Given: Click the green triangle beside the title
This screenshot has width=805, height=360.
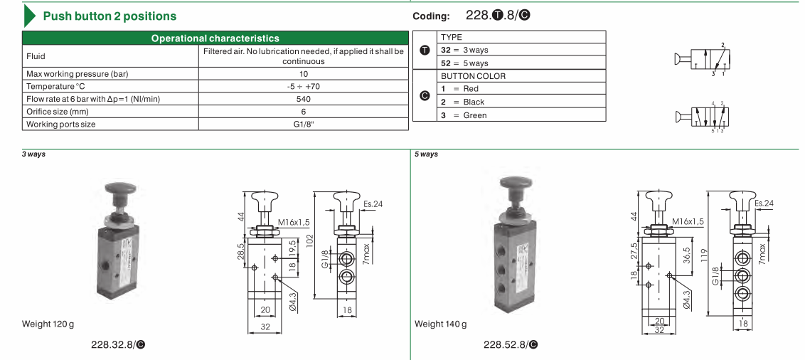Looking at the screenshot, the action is pyautogui.click(x=28, y=16).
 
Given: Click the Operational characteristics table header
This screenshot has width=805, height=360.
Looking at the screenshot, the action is pyautogui.click(x=215, y=38).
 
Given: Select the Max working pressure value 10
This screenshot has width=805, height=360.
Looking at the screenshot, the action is pyautogui.click(x=304, y=73).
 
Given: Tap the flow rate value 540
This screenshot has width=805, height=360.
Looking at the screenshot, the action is pyautogui.click(x=304, y=99).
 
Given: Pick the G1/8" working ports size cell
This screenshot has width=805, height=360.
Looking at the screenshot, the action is pyautogui.click(x=304, y=124).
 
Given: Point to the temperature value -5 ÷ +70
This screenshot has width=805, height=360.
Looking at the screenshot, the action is pyautogui.click(x=304, y=86).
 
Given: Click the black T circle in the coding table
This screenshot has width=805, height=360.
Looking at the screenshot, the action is pyautogui.click(x=425, y=51).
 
